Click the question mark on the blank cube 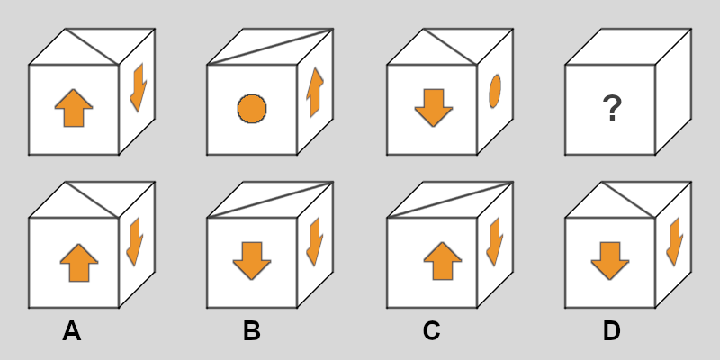click(x=612, y=108)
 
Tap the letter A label click(x=72, y=331)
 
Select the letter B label click(x=251, y=331)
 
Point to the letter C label click(x=431, y=331)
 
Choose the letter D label click(x=611, y=331)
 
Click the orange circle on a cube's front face click(x=252, y=109)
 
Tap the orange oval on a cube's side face click(x=495, y=92)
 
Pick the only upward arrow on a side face click(x=315, y=92)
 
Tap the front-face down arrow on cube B click(x=252, y=261)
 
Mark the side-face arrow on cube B click(x=315, y=241)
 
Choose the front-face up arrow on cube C click(x=443, y=261)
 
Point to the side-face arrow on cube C click(x=495, y=241)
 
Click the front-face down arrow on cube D click(x=610, y=261)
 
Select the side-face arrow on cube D click(x=675, y=241)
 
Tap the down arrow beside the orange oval click(x=434, y=108)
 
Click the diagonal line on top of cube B click(x=270, y=200)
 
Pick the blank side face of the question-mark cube click(x=673, y=92)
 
